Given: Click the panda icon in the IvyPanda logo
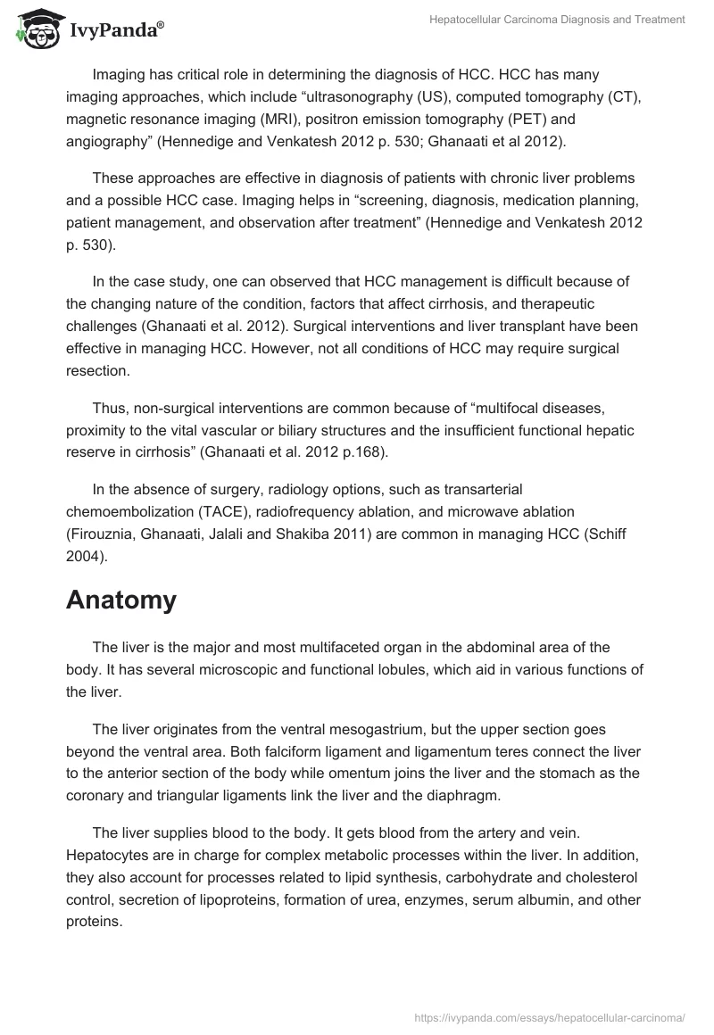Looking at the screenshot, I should tap(36, 29).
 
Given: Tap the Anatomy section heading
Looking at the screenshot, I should tap(121, 600).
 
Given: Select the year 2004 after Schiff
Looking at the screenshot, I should tap(85, 556).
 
